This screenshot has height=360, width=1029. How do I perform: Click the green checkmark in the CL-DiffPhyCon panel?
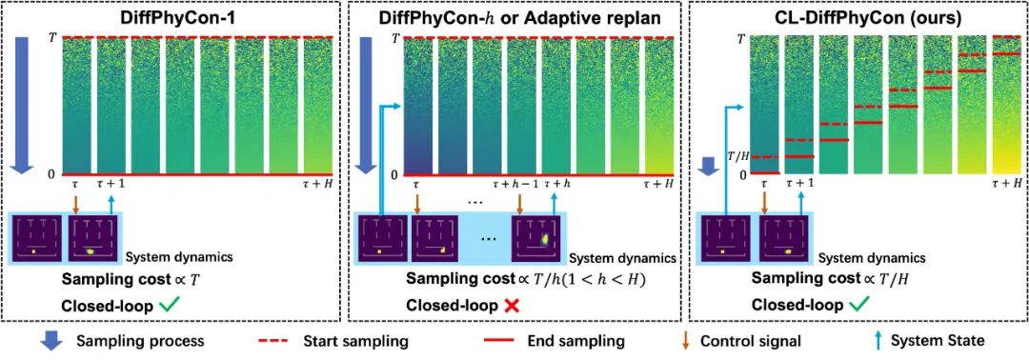tap(851, 305)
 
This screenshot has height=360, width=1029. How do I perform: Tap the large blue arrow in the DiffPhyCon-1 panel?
tap(23, 106)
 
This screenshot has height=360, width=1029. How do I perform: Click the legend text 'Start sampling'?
tap(357, 342)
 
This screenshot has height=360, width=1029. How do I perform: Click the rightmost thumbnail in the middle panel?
tap(540, 240)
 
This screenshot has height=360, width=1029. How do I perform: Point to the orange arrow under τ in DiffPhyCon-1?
tap(75, 204)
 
